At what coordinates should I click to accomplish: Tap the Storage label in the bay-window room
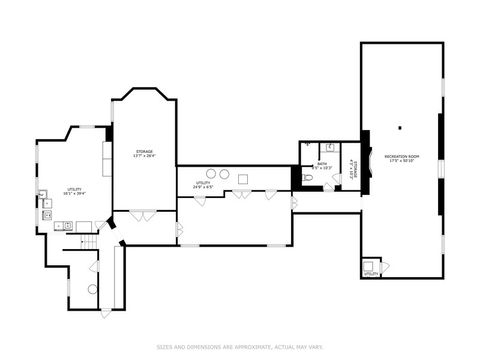pos(144,153)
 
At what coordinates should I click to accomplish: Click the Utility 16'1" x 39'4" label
pos(74,191)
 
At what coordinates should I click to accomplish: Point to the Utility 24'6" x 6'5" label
pos(203,184)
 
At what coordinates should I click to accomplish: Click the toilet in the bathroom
pos(307,178)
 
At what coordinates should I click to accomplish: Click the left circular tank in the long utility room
pos(224,174)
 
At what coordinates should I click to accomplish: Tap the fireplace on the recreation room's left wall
pos(366,160)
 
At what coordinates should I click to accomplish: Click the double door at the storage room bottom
pos(143,214)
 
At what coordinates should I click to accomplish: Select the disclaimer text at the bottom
pos(239,347)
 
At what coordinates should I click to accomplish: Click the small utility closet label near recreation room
pos(370,268)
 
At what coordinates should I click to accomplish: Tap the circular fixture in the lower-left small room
pos(92,289)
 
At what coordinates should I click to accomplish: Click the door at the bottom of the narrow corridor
pos(106,312)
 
